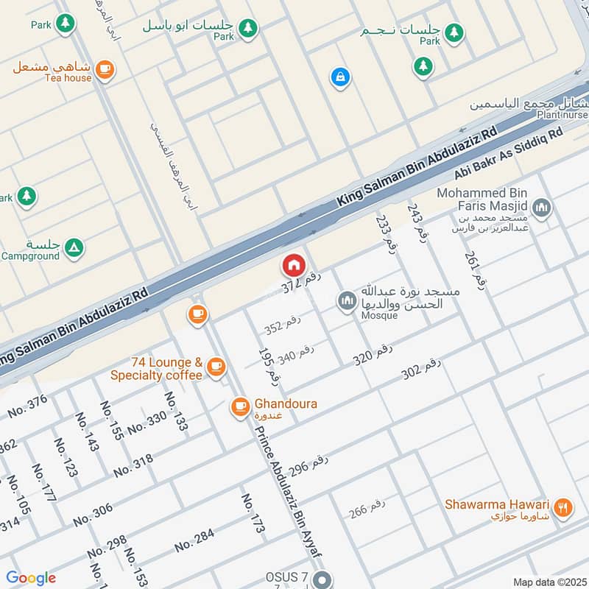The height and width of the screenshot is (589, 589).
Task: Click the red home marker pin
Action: point(293,265)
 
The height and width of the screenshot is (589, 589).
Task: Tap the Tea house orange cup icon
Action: point(105,68)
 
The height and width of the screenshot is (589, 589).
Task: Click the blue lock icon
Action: point(339,77)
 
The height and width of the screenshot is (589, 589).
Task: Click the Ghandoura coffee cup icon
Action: point(240,406)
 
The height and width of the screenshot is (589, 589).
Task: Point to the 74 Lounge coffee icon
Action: point(216,366)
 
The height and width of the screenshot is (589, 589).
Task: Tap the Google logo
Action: point(30,578)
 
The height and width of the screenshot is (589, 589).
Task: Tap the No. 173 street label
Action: point(253,513)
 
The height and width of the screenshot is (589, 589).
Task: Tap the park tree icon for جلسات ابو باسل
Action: point(249,28)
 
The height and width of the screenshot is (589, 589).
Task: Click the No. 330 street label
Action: point(147,423)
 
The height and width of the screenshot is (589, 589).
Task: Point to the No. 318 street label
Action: point(133,464)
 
